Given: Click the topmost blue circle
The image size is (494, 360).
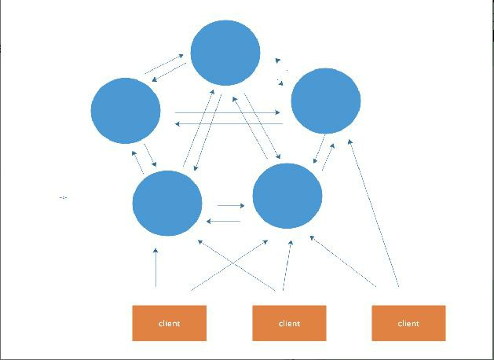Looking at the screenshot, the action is click(x=225, y=53).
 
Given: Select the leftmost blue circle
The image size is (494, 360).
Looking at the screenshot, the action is click(x=126, y=110).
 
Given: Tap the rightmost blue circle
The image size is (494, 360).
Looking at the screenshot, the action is click(x=326, y=101).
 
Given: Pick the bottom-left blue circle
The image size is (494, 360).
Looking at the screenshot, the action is click(x=167, y=204).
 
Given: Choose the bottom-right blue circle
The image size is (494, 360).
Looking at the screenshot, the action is click(x=287, y=196).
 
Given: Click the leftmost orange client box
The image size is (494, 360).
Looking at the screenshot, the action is click(x=169, y=323).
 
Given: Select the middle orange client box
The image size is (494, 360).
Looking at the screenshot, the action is click(x=289, y=323).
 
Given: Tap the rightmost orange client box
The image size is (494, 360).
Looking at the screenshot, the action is click(x=408, y=323).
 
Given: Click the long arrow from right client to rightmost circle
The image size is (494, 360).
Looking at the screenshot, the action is click(x=374, y=212).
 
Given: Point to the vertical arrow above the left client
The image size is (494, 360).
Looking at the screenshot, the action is click(x=156, y=267).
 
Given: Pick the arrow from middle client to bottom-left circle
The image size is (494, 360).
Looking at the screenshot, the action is click(x=239, y=266).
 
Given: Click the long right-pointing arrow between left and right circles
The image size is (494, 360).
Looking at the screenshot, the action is click(x=228, y=113).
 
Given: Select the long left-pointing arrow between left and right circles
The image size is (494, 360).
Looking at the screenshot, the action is click(x=228, y=123).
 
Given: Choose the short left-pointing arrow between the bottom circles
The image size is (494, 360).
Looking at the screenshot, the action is click(x=223, y=221).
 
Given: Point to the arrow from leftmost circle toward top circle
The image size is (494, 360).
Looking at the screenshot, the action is click(x=164, y=64).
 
